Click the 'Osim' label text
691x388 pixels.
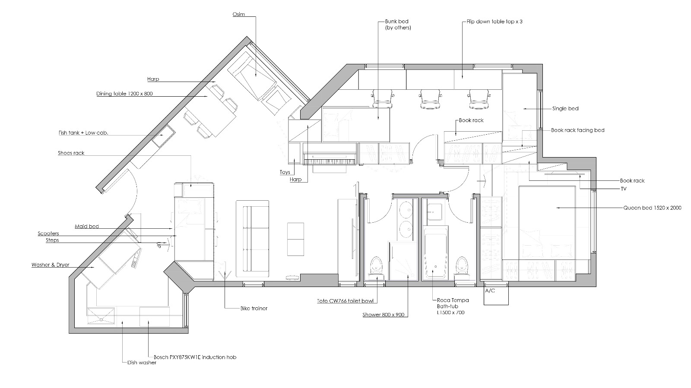point(238,14)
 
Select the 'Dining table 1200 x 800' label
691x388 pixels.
point(124,94)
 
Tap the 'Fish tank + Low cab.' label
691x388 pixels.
point(83,133)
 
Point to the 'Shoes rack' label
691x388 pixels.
point(71,153)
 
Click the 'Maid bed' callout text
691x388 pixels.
point(87,226)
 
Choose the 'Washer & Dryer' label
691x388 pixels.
point(50,265)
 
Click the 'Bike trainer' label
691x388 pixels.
point(254,308)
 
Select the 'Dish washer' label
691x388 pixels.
point(142,363)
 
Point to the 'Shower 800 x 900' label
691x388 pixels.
point(384,315)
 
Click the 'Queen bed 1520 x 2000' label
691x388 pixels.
point(653,208)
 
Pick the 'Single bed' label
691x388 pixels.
point(565,108)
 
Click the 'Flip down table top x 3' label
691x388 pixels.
point(494,22)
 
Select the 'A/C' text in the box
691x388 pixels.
point(490,290)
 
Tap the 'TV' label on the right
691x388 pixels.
point(624,189)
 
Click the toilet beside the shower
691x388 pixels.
point(376,266)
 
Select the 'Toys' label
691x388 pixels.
point(285,172)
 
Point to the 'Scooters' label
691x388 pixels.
point(48,233)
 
